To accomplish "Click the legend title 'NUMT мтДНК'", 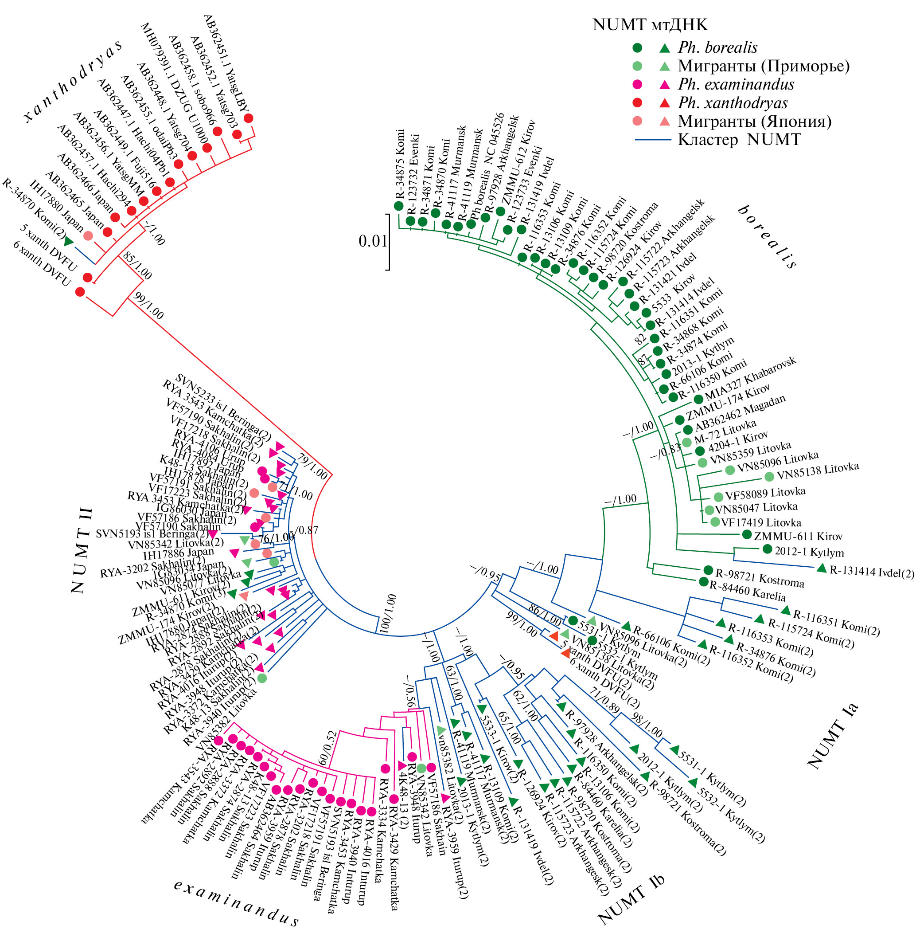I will coord(650,24).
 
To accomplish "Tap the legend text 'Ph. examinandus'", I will coord(736,84).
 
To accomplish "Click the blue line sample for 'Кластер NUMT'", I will coord(653,140).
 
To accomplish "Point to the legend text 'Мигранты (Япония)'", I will coord(755,122).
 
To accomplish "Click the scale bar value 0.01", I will coord(372,241).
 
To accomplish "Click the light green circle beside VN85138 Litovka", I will coord(769,477).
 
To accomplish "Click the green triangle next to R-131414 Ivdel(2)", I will coord(822,568).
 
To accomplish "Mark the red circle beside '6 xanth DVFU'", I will coord(80,292).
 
